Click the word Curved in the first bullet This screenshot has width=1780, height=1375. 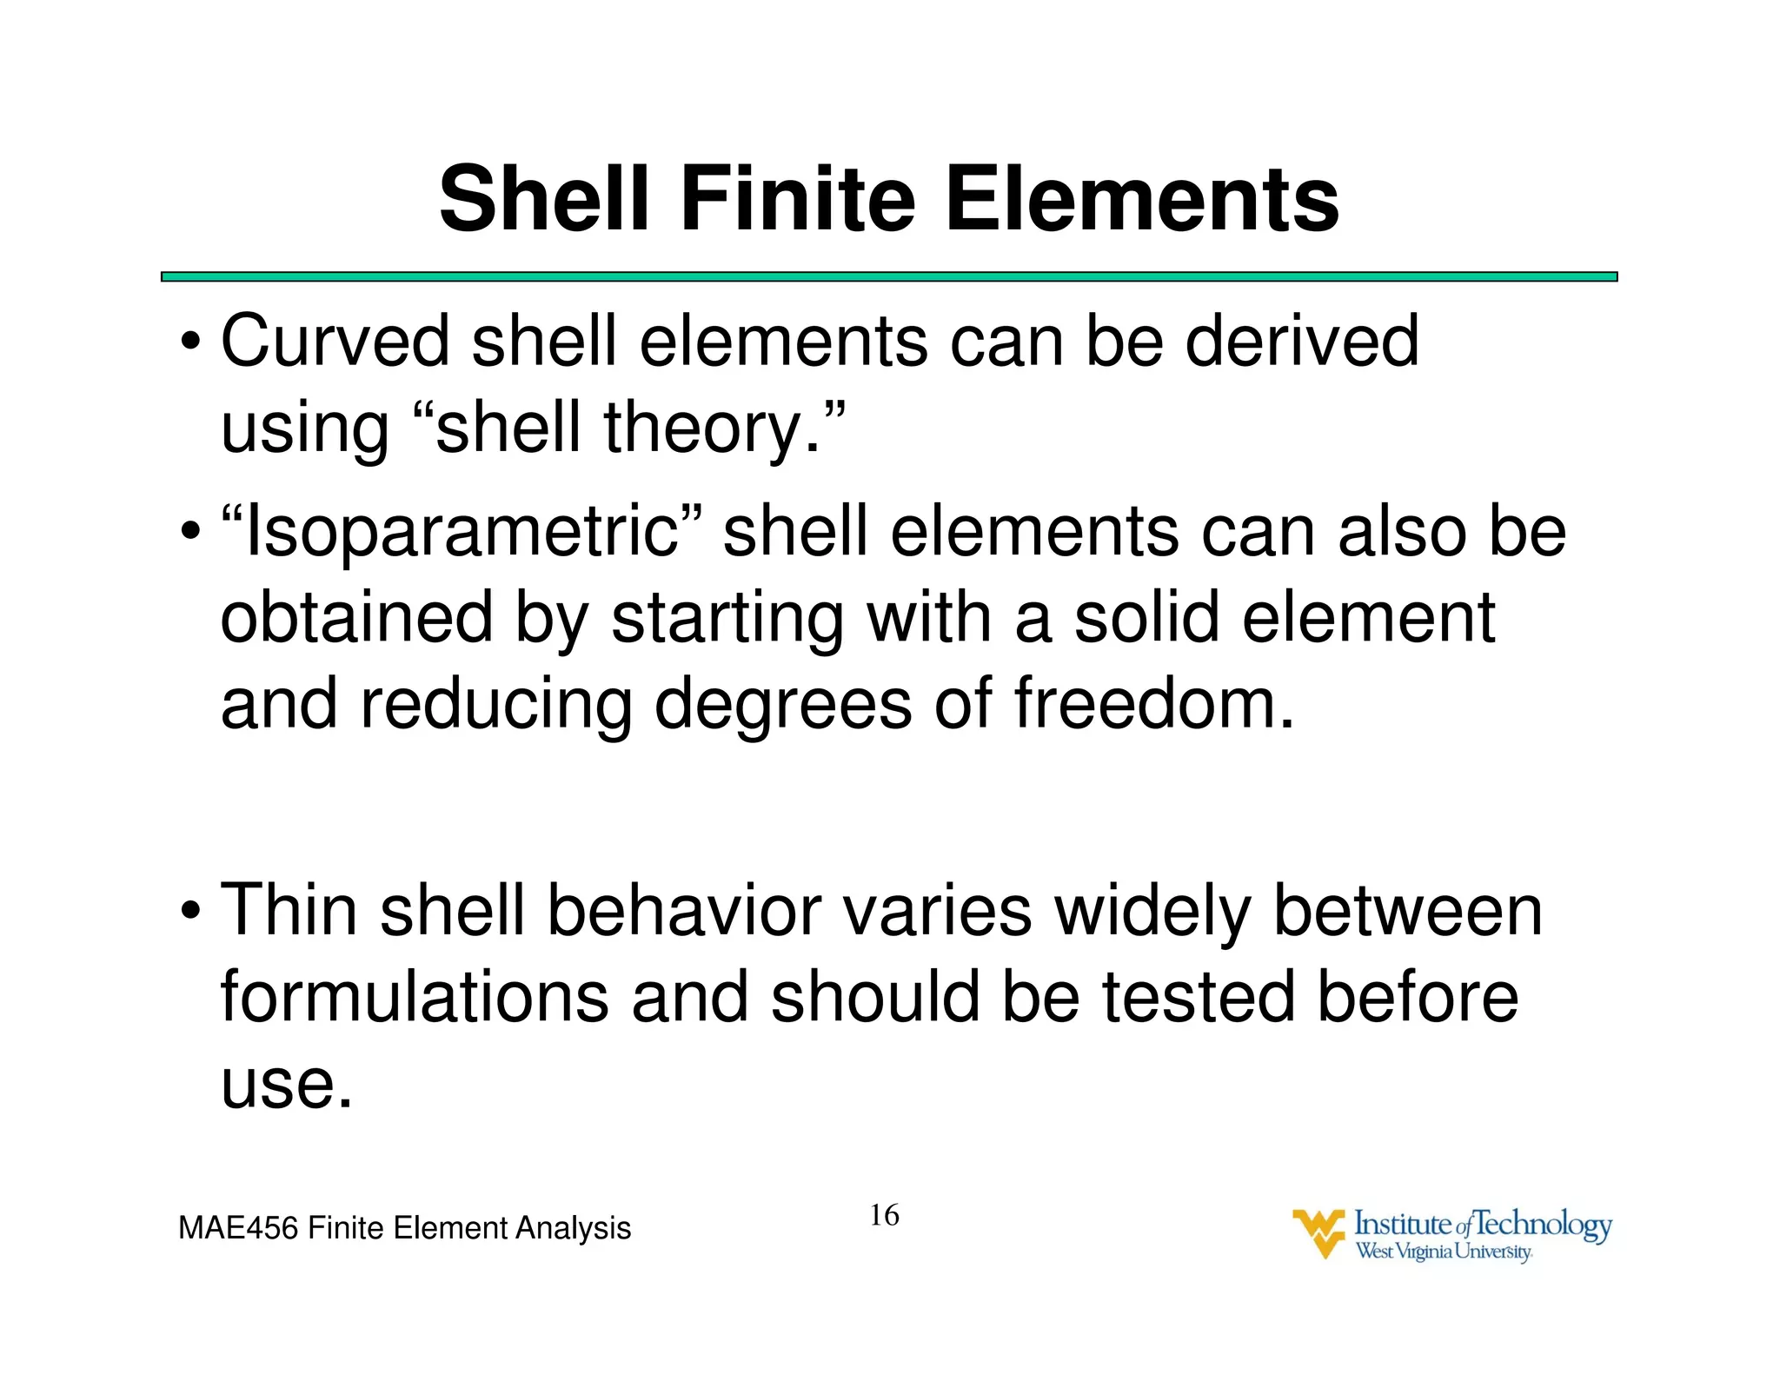pyautogui.click(x=335, y=342)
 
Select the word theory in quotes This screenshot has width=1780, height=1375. pyautogui.click(x=701, y=428)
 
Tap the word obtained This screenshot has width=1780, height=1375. pyautogui.click(x=356, y=618)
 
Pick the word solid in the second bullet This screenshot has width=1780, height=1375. pyautogui.click(x=1146, y=618)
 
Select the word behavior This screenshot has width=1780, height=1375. pyautogui.click(x=683, y=911)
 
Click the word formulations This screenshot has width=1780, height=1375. pyautogui.click(x=414, y=997)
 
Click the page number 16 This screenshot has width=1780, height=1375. pyautogui.click(x=884, y=1215)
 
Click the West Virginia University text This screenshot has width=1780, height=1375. pyautogui.click(x=1444, y=1252)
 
